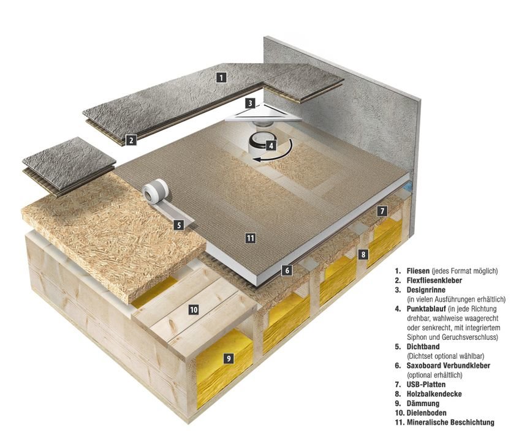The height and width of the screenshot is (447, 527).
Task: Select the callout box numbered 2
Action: [x=131, y=140]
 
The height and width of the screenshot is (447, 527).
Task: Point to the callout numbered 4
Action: [x=270, y=146]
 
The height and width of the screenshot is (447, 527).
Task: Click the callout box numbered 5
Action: [x=178, y=225]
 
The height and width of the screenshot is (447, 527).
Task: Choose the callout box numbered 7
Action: [x=382, y=211]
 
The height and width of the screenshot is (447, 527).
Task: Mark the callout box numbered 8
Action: [x=363, y=253]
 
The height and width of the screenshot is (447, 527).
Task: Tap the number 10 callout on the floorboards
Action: [x=194, y=310]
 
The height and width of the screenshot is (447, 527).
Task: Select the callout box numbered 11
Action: [x=250, y=238]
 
